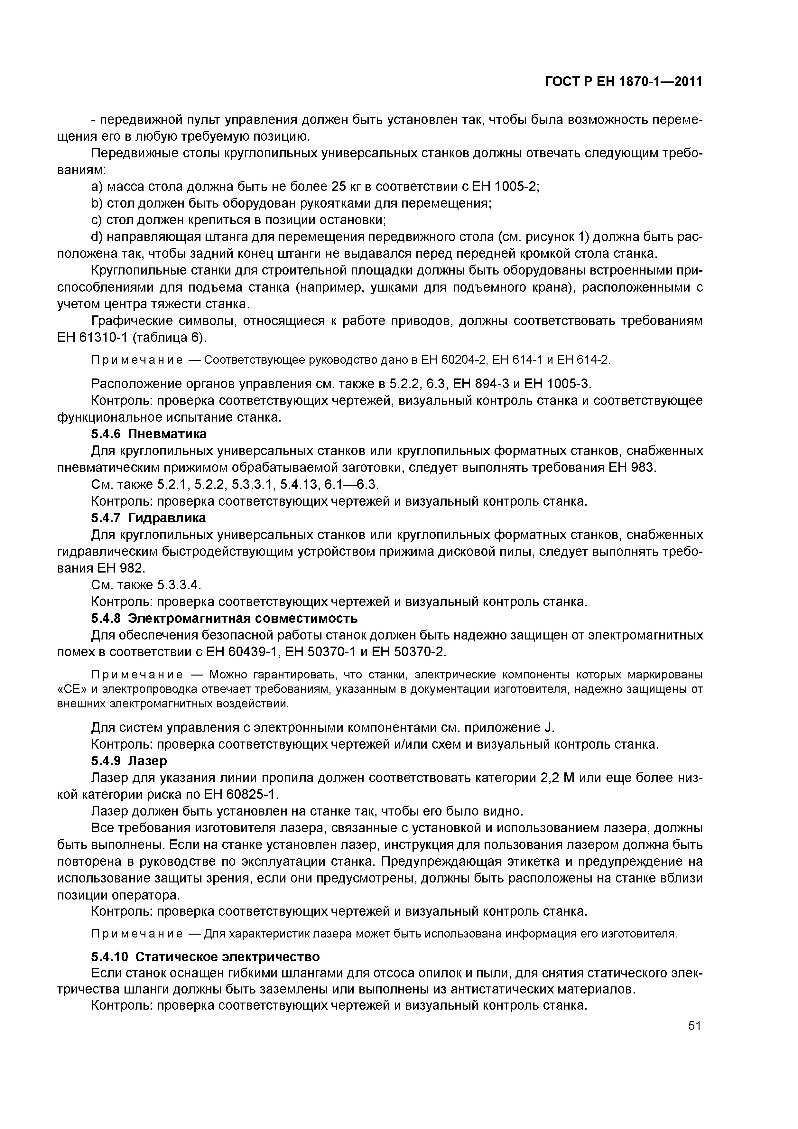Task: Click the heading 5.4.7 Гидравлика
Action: coord(148,518)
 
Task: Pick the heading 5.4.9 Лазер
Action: coord(129,761)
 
